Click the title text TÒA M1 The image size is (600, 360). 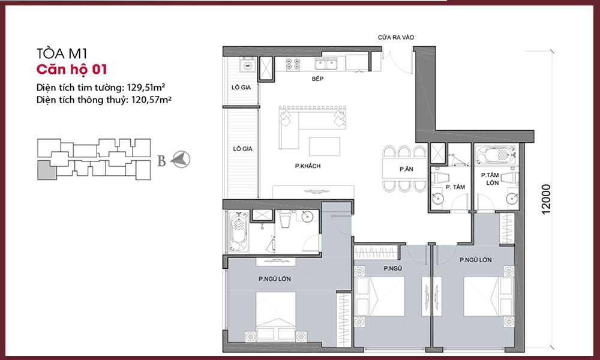(62, 53)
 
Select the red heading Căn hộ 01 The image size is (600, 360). (71, 69)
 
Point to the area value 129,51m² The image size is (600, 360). (146, 87)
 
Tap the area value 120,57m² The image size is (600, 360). (151, 100)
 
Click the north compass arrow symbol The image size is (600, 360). (180, 160)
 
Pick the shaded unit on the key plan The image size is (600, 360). (46, 170)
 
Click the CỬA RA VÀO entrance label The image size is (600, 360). (396, 37)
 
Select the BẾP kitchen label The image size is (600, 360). (317, 79)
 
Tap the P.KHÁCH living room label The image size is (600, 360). (308, 166)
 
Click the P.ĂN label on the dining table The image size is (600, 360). (406, 169)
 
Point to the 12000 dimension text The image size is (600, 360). (546, 199)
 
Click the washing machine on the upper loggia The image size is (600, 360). (248, 65)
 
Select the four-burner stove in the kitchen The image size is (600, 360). (293, 64)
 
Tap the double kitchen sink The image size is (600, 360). (326, 64)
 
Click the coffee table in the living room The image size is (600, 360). (325, 146)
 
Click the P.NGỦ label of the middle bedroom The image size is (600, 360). (392, 269)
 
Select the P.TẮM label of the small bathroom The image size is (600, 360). (455, 187)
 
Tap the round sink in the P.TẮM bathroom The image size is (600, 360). (438, 199)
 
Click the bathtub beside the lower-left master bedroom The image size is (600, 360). (238, 232)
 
